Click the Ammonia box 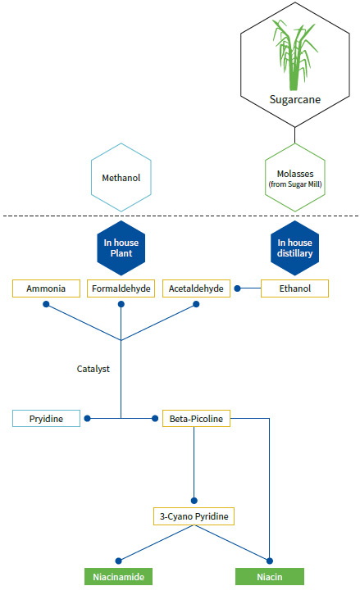click(46, 288)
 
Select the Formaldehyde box click(121, 288)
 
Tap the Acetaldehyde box click(196, 288)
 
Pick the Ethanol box click(294, 288)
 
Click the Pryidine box click(46, 419)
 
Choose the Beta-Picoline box click(196, 419)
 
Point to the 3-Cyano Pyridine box click(194, 516)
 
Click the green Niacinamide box click(118, 577)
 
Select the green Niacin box click(270, 577)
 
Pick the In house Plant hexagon click(121, 248)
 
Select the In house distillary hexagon click(294, 248)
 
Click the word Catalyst click(93, 369)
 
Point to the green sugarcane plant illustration click(294, 56)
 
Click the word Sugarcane click(295, 99)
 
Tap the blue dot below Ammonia click(46, 304)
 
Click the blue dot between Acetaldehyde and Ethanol click(237, 288)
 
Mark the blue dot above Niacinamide click(118, 561)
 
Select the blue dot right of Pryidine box click(87, 419)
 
